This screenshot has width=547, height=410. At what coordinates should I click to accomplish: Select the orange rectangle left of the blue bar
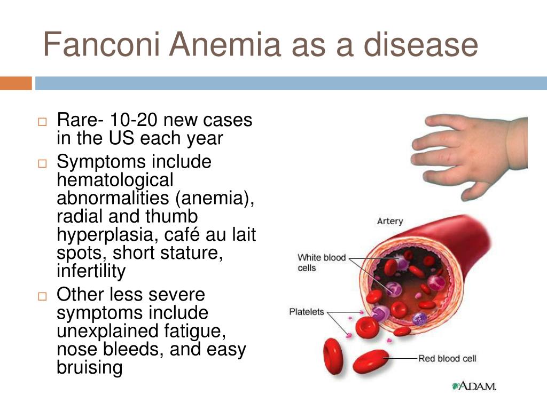tap(15, 83)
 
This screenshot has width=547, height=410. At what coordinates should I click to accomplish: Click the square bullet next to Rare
tap(42, 122)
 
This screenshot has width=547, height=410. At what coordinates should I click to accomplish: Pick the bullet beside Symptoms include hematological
tap(42, 163)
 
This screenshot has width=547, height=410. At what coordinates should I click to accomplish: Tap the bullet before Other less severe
tap(42, 296)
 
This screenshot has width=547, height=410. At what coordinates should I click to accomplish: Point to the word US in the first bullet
tap(121, 138)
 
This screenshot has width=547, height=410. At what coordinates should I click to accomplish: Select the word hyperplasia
tap(104, 235)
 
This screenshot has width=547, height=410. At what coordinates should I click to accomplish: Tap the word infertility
tap(91, 271)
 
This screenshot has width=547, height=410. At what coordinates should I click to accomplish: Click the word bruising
tap(90, 368)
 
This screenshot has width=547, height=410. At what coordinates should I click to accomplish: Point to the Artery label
tap(390, 222)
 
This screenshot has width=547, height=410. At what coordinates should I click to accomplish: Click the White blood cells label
tap(321, 263)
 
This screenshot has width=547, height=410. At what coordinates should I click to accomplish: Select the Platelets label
tap(307, 312)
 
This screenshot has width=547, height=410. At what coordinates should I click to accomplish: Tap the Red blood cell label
tap(447, 358)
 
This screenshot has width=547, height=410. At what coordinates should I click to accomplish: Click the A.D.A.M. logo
tap(474, 386)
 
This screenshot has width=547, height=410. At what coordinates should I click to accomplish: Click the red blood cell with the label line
tap(371, 361)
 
